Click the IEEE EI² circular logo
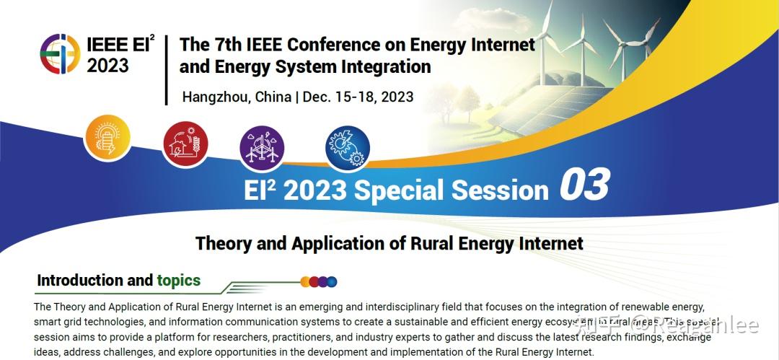pos(60,54)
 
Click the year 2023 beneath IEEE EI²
pos(107,66)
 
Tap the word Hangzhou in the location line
pos(214,97)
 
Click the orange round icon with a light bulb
pos(107,138)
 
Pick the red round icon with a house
pos(185,142)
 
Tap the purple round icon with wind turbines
pos(262,147)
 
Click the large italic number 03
pos(584,185)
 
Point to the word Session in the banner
pos(500,190)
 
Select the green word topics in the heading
pos(179,281)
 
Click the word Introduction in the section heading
pos(80,281)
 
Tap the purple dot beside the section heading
pos(322,282)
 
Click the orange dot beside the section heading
pos(305,282)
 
